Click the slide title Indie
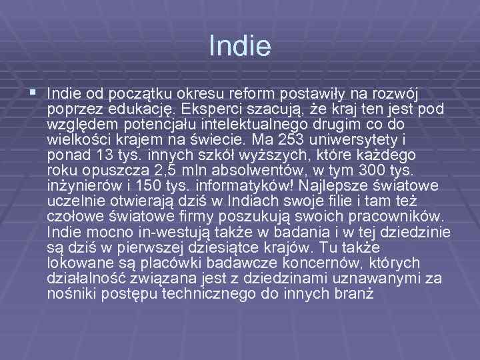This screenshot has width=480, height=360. point(239,46)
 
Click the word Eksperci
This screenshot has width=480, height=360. point(208,109)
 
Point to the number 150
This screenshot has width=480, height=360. point(155,185)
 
